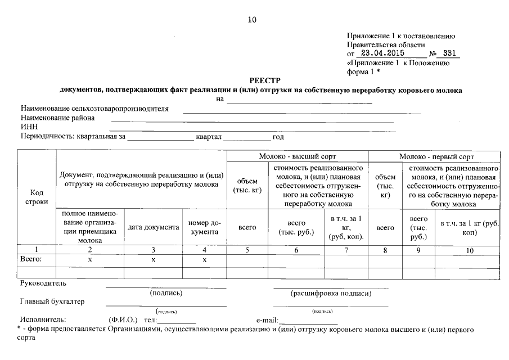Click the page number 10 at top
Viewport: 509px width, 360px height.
point(252,20)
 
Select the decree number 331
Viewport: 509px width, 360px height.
point(449,54)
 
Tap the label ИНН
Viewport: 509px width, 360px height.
point(29,127)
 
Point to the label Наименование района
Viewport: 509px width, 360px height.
point(58,118)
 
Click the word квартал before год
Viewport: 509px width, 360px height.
point(209,137)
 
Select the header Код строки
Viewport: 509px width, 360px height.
point(36,197)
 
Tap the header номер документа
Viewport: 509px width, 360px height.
point(204,227)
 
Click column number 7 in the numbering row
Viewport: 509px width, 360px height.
point(346,250)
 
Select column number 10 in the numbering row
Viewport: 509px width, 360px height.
point(470,250)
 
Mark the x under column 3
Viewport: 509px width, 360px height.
point(153,260)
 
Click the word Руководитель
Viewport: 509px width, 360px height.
point(43,283)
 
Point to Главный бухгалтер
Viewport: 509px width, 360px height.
point(52,301)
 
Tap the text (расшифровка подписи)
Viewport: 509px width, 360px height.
point(331,293)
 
